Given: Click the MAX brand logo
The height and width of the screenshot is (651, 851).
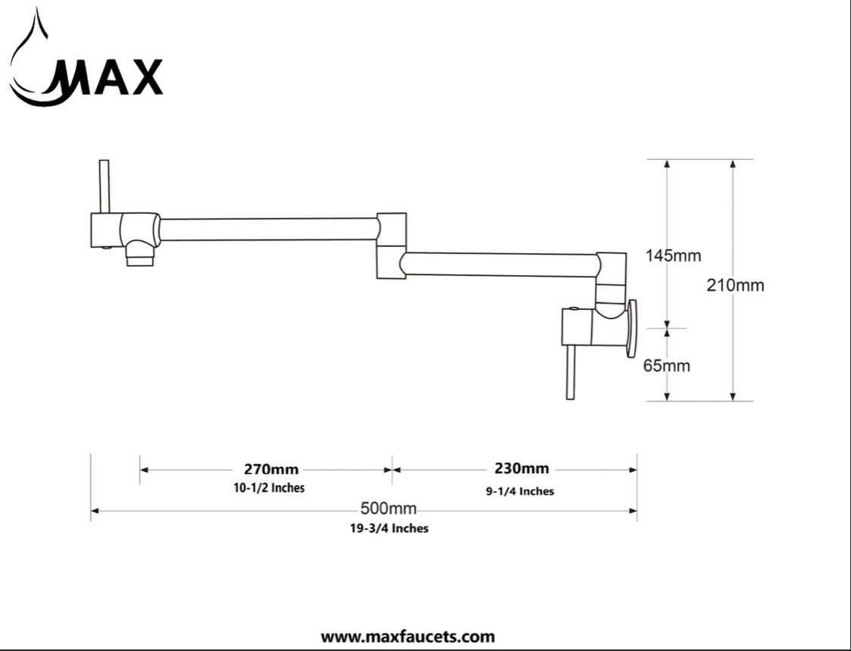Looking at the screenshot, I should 86,77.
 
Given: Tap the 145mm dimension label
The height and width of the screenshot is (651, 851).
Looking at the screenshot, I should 673,255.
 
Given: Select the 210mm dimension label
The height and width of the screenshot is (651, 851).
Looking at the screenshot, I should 735,285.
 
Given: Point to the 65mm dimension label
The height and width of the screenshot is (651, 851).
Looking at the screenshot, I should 666,365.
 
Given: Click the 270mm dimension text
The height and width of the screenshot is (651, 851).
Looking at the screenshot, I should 271,468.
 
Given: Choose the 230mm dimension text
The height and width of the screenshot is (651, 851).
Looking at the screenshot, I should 521,468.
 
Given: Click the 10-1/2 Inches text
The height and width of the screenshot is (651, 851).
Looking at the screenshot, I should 269,488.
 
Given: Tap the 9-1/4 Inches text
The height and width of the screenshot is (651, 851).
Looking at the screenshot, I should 520,491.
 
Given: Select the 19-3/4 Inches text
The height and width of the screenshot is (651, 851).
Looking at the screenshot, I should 383,528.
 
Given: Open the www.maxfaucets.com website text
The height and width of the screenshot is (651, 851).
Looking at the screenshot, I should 408,637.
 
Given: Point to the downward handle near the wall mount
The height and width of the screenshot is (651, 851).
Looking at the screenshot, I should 570,372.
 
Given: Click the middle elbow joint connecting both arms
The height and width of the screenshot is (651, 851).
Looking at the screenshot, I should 392,245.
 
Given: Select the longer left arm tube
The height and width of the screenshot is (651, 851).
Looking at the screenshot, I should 268,229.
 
